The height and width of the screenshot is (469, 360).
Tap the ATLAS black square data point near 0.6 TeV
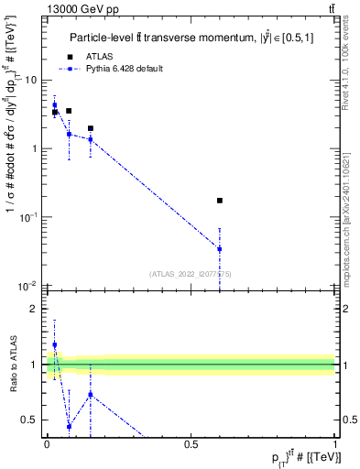(x=220, y=200)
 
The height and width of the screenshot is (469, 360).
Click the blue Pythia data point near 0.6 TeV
(x=220, y=248)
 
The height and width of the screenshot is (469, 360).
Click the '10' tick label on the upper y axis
(x=31, y=80)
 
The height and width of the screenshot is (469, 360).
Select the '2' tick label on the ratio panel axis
(x=34, y=309)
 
